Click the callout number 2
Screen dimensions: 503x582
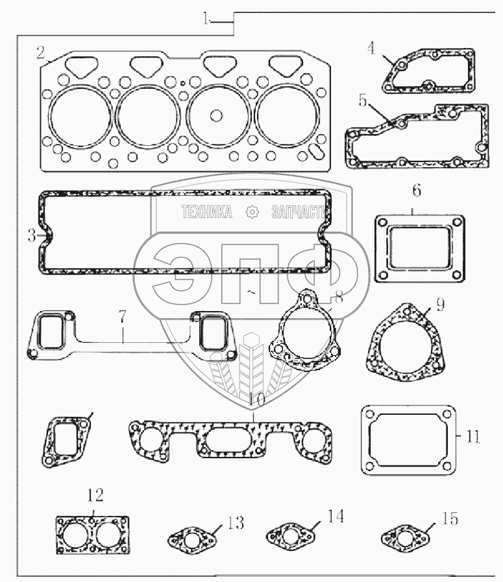coord(41,52)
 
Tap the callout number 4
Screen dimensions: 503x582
coord(372,48)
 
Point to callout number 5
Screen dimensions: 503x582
coord(363,100)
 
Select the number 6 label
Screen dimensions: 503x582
coord(417,191)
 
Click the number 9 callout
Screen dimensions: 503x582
coord(440,305)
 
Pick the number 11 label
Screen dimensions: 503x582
coord(473,437)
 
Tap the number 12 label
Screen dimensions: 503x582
coord(95,495)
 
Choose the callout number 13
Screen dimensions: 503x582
coord(236,523)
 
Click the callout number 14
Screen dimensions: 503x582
coord(336,517)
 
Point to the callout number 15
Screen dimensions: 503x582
coord(450,518)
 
